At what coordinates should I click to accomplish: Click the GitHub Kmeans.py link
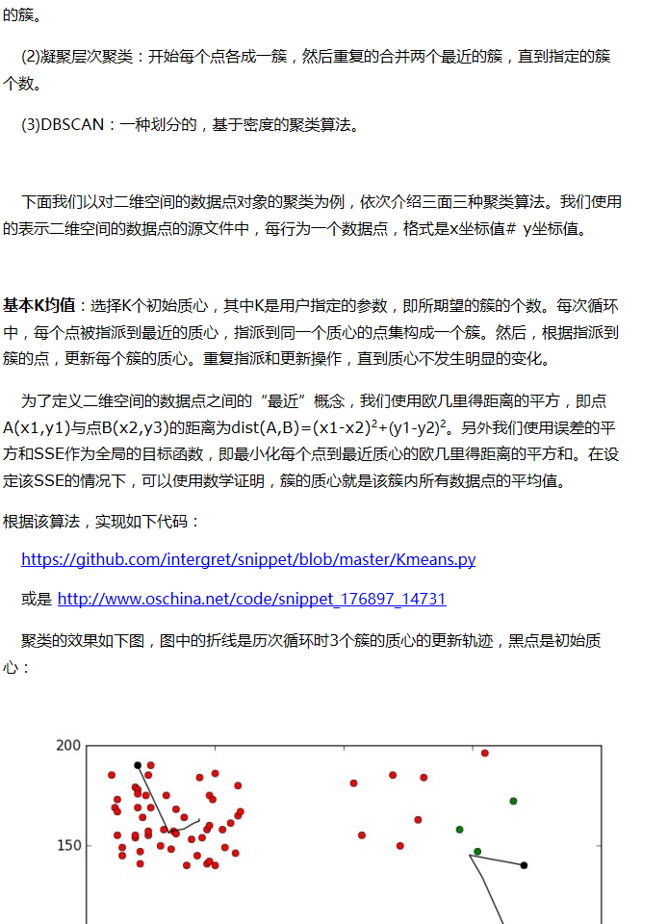248,559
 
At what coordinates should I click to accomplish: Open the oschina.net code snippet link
252,599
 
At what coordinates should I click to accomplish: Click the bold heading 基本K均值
39,305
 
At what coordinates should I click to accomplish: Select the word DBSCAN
72,125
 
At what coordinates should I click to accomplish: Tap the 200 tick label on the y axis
68,745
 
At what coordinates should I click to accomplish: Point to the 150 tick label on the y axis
68,846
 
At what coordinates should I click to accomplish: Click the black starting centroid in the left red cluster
138,765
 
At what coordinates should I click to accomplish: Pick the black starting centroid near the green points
524,865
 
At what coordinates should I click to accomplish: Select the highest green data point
513,801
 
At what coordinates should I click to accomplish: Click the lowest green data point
477,852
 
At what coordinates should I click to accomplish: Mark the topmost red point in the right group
485,753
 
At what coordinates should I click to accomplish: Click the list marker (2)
31,56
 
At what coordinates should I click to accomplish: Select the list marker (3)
31,125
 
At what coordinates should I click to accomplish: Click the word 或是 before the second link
37,599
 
